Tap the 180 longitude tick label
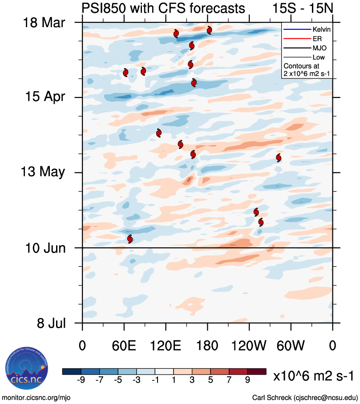click(x=207, y=346)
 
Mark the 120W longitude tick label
click(x=249, y=346)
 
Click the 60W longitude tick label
click(x=291, y=346)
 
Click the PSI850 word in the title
click(x=104, y=8)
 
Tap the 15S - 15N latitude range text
click(x=302, y=8)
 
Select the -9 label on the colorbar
click(x=81, y=380)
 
